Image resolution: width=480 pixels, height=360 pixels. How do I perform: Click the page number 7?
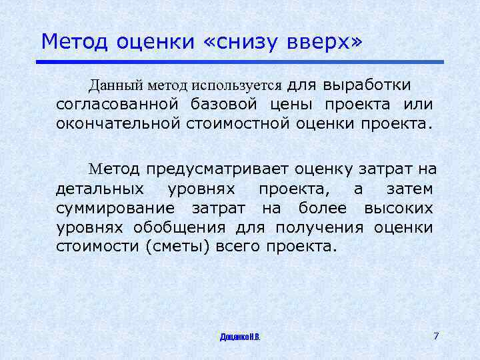coord(436,335)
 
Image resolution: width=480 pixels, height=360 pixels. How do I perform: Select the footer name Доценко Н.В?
coord(240,337)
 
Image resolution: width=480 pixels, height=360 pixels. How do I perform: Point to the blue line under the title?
coord(240,62)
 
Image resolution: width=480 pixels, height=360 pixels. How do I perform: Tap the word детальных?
coord(99,189)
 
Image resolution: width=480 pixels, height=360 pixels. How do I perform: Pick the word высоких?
coord(399,209)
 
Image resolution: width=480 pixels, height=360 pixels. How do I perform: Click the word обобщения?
coord(188,227)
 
